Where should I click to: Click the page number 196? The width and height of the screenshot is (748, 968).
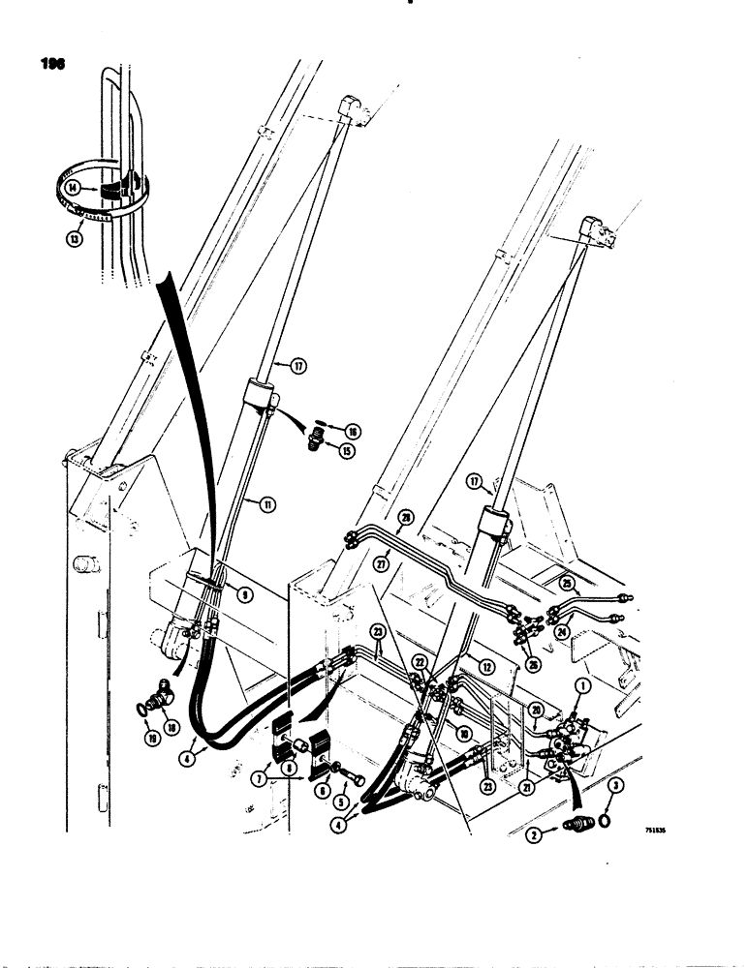click(x=53, y=65)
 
